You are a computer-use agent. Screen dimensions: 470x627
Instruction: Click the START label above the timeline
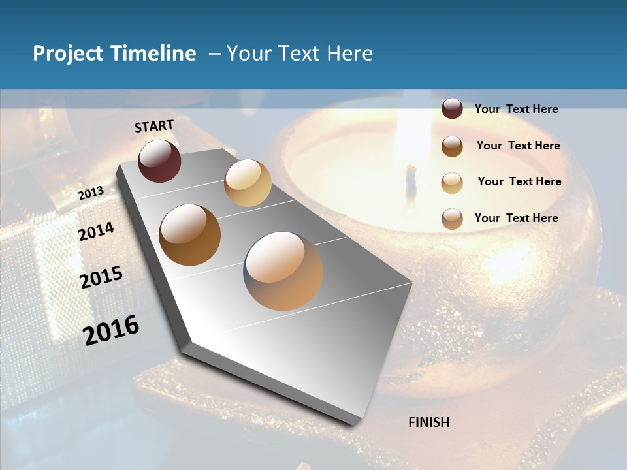click(x=154, y=126)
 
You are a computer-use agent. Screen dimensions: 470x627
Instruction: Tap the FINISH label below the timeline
click(x=428, y=422)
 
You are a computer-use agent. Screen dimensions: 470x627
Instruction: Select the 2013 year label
click(x=91, y=193)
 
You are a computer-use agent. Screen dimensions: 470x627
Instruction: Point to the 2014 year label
click(x=96, y=231)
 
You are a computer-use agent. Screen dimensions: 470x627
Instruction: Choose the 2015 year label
click(x=101, y=277)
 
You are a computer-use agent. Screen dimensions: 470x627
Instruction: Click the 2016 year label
click(x=111, y=330)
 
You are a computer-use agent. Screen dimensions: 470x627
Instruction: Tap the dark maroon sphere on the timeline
click(x=159, y=161)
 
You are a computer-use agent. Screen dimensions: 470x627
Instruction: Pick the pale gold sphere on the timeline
click(x=248, y=183)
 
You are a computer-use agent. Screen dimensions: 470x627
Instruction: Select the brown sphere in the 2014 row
click(x=189, y=235)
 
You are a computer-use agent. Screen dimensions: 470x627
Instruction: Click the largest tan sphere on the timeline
click(x=283, y=271)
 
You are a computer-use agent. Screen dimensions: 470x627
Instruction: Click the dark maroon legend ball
click(x=452, y=109)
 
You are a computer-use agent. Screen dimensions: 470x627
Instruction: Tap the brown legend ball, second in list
click(x=452, y=146)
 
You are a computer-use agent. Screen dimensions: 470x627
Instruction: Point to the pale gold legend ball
click(x=452, y=182)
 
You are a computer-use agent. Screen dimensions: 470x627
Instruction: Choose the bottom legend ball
click(x=452, y=218)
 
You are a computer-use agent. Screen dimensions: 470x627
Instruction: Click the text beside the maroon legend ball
click(x=516, y=109)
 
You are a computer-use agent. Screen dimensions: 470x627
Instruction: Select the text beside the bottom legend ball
click(x=516, y=218)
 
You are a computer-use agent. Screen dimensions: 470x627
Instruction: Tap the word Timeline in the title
click(x=153, y=54)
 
